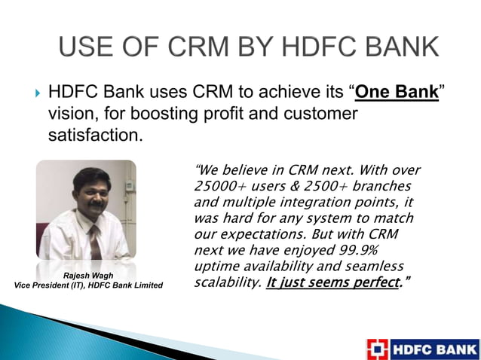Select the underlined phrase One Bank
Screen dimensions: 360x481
tap(397, 95)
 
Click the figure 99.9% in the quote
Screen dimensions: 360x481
tap(376, 251)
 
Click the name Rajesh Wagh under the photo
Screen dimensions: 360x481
tap(87, 275)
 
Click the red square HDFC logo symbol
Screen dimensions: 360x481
tap(378, 349)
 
